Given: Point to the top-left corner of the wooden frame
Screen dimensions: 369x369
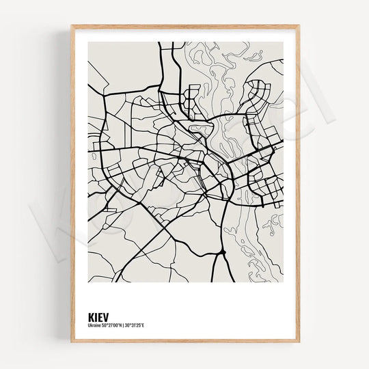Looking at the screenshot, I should tap(72, 27).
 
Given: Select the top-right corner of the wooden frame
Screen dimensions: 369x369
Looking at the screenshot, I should tap(299, 27).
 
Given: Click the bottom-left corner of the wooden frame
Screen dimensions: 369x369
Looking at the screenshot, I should tap(72, 341).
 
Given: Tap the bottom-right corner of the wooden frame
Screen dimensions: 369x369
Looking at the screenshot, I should tap(299, 341).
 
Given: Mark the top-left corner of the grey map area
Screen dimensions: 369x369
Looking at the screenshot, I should tap(88, 42).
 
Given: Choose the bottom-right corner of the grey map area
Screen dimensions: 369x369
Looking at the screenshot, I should tap(283, 282).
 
